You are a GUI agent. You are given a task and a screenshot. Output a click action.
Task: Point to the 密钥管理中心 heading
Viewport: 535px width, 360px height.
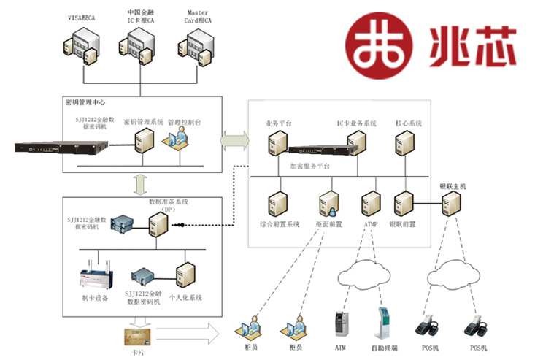click(x=86, y=103)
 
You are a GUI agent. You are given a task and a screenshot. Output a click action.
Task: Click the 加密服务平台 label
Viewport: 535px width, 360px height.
click(x=309, y=166)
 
